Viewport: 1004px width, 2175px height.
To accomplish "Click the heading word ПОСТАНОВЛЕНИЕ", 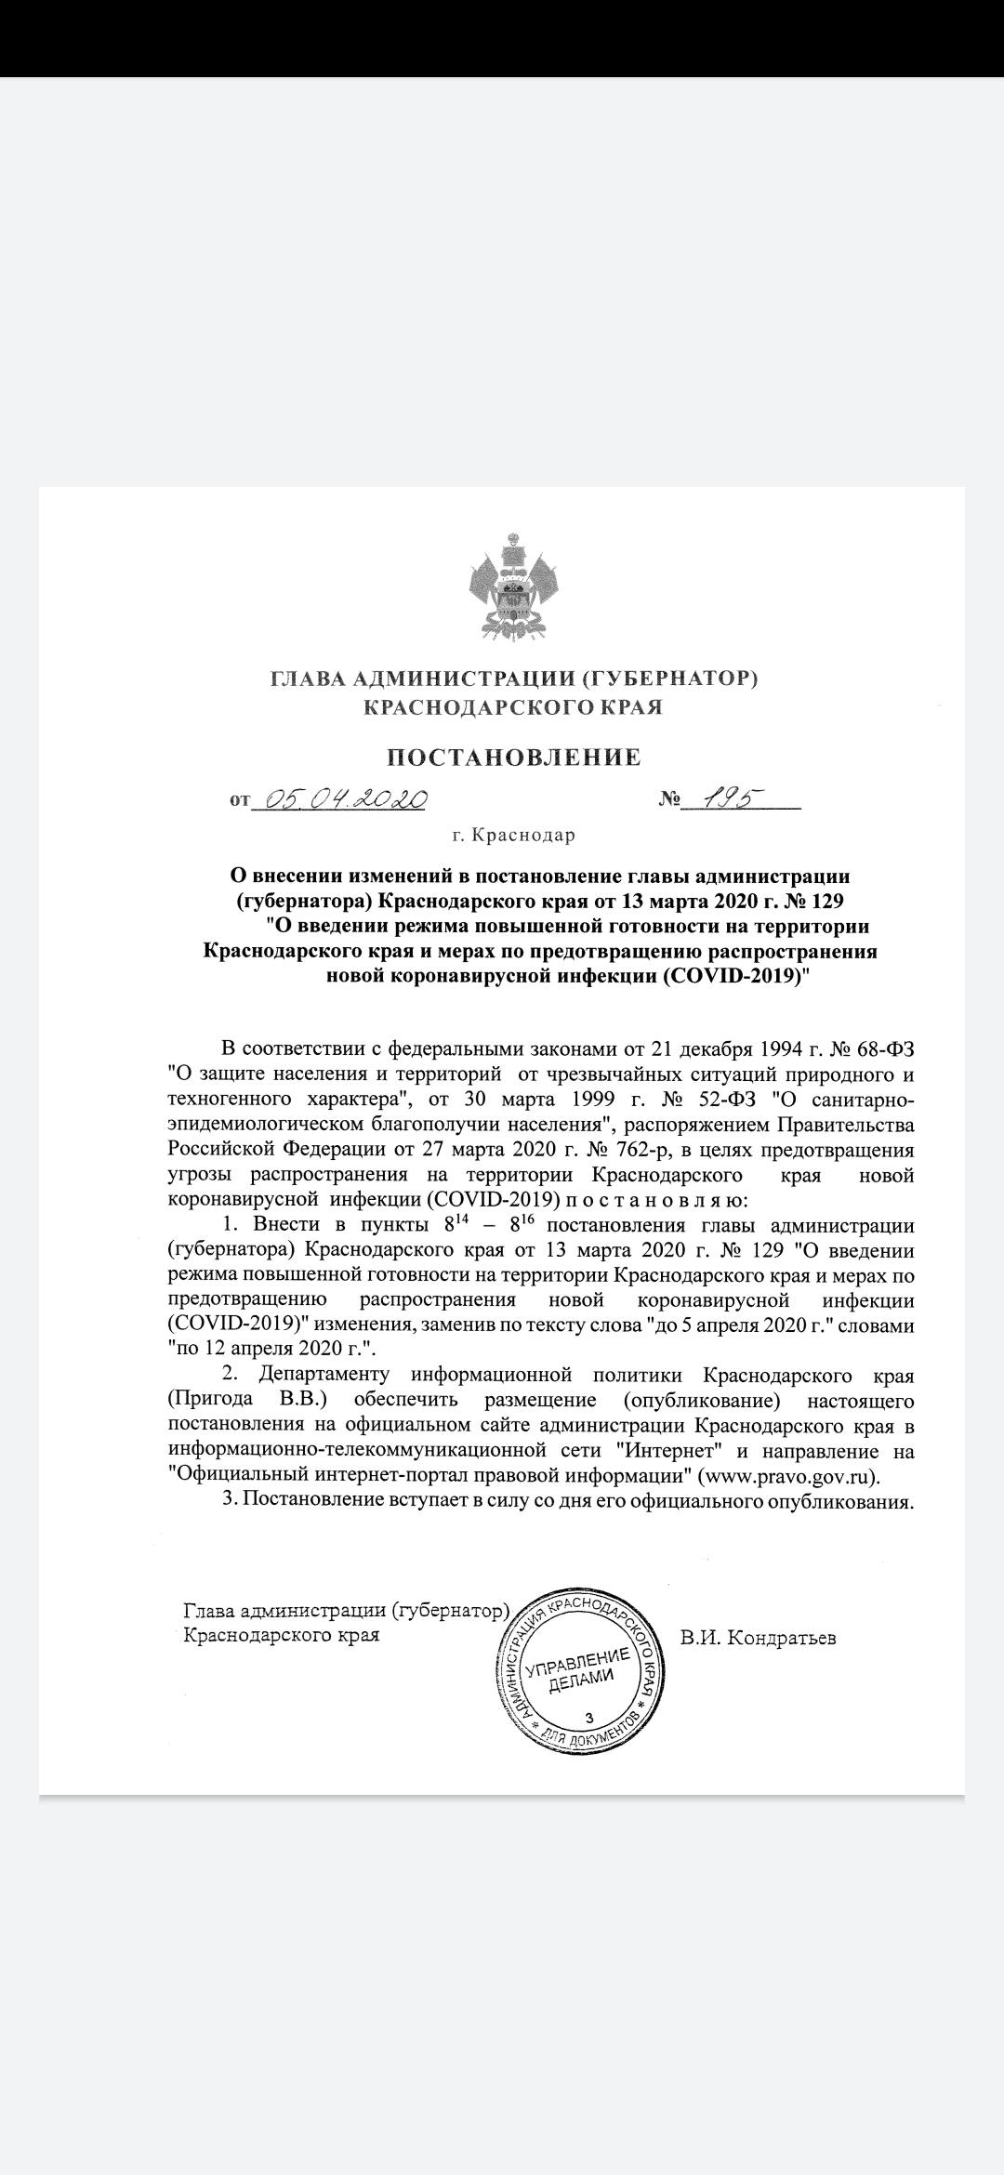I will click(514, 757).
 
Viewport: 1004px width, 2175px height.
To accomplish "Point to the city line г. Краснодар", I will click(513, 835).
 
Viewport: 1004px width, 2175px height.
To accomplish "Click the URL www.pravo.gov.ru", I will click(786, 1476).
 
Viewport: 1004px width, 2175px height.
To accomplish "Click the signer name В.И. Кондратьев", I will click(758, 1639).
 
